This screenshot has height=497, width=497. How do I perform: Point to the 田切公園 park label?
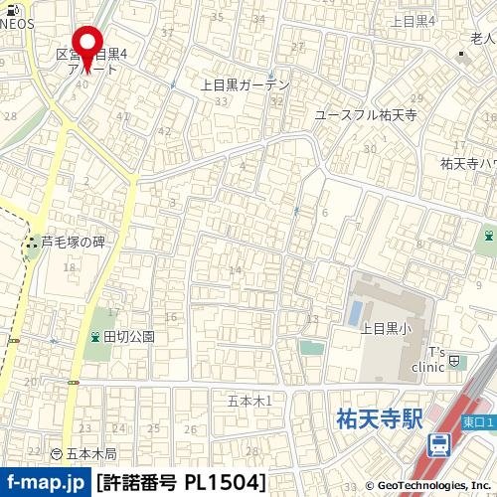tap(130, 336)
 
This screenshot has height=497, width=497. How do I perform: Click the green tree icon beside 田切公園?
tap(95, 336)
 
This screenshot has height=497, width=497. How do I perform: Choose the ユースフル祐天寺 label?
tap(366, 115)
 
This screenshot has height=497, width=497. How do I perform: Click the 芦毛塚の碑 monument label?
tap(73, 242)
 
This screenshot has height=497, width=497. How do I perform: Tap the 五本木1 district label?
tap(249, 400)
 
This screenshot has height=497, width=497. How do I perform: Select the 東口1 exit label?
tap(477, 421)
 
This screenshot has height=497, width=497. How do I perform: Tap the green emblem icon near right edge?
tap(489, 236)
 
